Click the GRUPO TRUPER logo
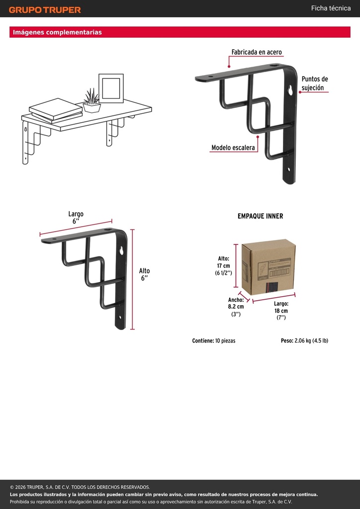click(45, 10)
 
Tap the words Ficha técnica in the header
click(331, 8)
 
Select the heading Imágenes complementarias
click(57, 32)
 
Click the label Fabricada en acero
click(257, 52)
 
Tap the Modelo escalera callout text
click(233, 148)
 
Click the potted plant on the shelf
click(92, 100)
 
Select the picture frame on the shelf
click(111, 88)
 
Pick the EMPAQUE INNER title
click(261, 216)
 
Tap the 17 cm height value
click(224, 266)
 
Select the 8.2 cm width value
click(236, 306)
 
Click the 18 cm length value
click(281, 311)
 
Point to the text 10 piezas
click(225, 341)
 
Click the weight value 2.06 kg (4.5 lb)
click(311, 341)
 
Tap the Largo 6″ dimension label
click(76, 218)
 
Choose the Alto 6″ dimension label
click(145, 274)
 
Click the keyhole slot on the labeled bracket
click(290, 90)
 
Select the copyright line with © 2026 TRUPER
click(80, 487)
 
